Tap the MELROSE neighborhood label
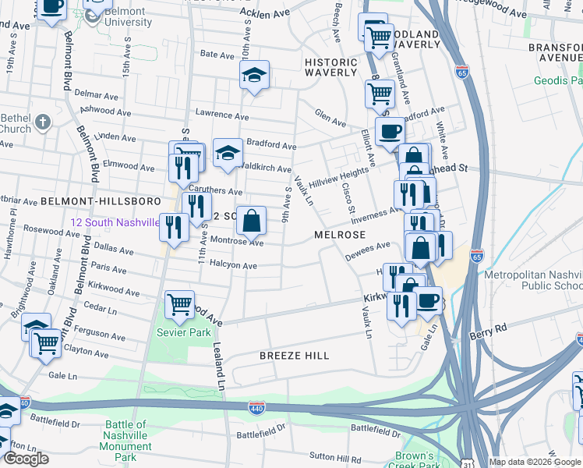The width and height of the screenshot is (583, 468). tap(340, 235)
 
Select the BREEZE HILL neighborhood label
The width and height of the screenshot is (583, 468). tap(295, 356)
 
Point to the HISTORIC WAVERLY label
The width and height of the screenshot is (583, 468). tap(330, 67)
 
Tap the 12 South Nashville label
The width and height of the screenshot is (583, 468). tap(115, 222)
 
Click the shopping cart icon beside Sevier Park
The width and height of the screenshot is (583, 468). tap(180, 303)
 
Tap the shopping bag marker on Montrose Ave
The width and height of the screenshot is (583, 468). tap(251, 220)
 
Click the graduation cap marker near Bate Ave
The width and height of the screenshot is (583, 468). tap(254, 75)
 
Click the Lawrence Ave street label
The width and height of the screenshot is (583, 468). tap(215, 113)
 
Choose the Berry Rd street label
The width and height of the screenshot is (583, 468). tap(489, 330)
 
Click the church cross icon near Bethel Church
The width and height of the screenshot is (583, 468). tap(43, 122)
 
